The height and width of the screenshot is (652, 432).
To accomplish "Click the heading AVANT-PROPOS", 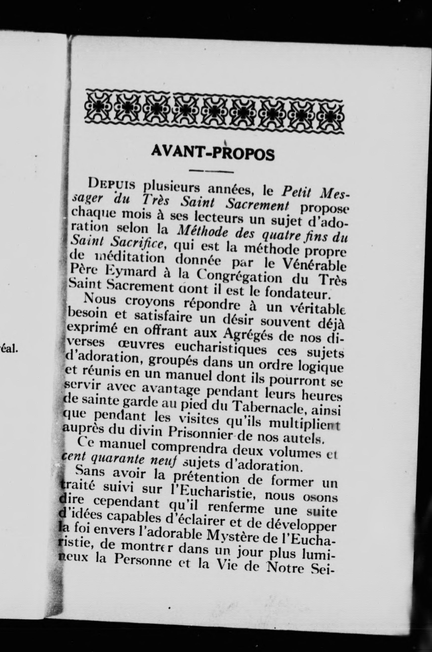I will pos(213,153).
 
